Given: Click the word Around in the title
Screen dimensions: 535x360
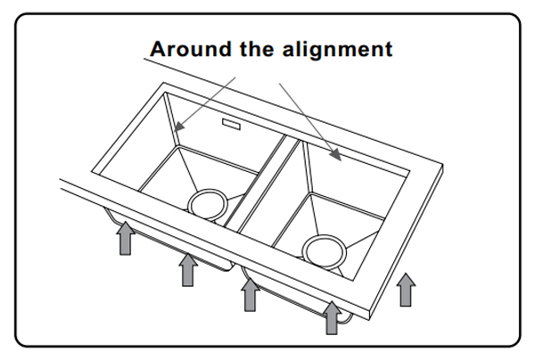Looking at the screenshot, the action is (190, 49).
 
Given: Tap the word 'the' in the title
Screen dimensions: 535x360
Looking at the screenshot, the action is (257, 49).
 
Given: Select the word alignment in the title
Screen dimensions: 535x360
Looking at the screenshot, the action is (337, 50).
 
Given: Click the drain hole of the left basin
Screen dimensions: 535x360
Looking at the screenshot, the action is (208, 205).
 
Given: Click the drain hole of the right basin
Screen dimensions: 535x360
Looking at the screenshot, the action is (325, 251).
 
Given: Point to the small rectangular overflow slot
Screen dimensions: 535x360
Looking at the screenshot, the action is (231, 124).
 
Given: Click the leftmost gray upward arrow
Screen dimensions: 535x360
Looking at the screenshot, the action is (125, 238).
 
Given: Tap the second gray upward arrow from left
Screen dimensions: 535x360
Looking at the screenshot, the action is (187, 270).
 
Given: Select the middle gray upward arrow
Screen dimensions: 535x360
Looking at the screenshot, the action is (250, 295).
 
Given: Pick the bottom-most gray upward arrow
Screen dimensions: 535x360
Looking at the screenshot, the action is (332, 318).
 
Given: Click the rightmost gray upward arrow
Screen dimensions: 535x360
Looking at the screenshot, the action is (406, 290).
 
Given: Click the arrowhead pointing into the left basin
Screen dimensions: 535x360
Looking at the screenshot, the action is (179, 126).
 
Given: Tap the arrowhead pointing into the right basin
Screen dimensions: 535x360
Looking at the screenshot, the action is (336, 155).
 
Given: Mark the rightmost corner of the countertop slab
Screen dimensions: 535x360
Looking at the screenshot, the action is (443, 165).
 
